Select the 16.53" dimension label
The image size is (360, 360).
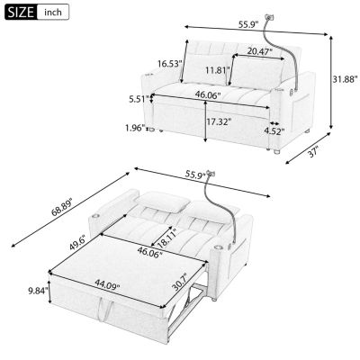pyautogui.click(x=168, y=63)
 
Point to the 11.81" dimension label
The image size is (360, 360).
pyautogui.click(x=214, y=69)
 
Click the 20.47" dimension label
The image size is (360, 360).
pyautogui.click(x=262, y=51)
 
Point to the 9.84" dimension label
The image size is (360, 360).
pyautogui.click(x=36, y=291)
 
